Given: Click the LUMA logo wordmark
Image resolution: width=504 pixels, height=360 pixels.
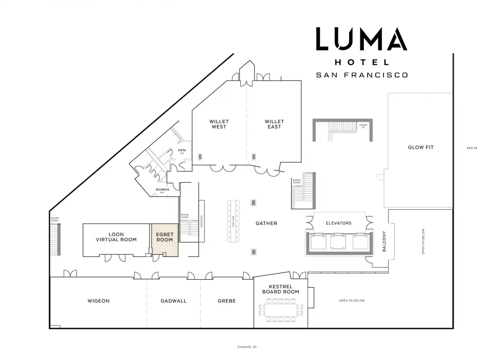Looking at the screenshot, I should (361, 40).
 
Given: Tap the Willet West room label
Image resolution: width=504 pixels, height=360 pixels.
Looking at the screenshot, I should (219, 124).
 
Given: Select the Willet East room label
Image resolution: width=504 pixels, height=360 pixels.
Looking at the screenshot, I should (274, 124).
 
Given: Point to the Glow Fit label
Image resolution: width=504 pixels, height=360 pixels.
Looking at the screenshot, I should (420, 147).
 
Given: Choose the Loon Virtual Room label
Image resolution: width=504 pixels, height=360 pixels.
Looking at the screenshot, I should (116, 237).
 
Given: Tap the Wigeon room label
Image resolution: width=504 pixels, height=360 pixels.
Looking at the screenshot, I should (98, 301).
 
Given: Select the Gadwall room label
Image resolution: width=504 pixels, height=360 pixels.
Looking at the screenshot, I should (173, 301).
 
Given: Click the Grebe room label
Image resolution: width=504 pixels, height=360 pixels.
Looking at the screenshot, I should (227, 301).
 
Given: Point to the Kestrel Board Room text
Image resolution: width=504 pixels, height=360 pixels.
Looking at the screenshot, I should (281, 289).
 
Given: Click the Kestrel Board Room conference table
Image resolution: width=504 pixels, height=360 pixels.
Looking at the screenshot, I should (281, 310).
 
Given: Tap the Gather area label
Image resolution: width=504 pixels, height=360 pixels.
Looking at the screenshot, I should (266, 224).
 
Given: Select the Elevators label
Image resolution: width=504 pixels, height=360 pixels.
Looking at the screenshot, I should (338, 223).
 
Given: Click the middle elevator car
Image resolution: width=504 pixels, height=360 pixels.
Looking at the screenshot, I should (338, 242).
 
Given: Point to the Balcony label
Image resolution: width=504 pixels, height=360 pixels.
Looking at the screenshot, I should (384, 241).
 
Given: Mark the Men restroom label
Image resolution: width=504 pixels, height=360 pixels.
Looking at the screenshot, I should (181, 151).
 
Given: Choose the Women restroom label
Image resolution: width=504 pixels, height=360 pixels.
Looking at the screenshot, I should (162, 190).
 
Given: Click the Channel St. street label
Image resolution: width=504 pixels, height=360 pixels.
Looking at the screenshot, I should (247, 347).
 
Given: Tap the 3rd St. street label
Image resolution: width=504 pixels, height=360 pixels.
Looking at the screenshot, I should (472, 148).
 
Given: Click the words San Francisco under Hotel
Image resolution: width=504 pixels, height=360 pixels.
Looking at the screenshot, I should (362, 75).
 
